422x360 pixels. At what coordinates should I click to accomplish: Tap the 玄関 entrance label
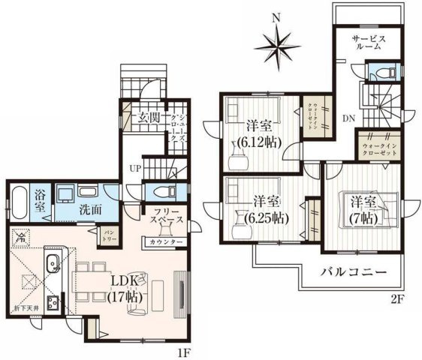(x=149, y=118)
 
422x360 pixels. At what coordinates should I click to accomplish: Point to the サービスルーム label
(x=368, y=41)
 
